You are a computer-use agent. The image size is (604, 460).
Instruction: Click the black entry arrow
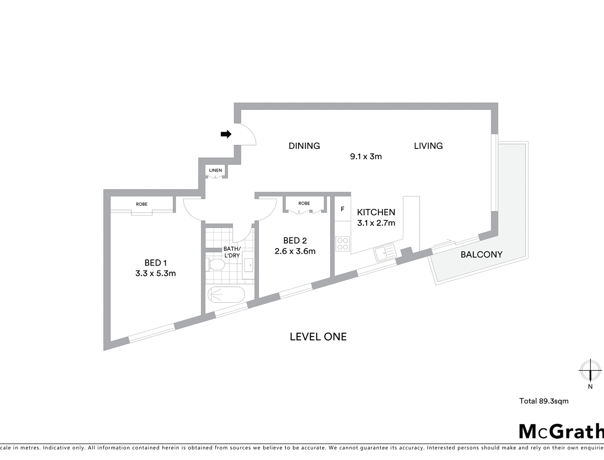[226, 134]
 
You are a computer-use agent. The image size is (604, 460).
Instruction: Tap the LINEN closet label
[215, 170]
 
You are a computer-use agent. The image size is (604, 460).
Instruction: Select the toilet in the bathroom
[215, 265]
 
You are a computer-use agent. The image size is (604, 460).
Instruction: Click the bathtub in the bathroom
[226, 294]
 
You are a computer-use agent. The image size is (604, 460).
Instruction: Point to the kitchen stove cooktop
[343, 244]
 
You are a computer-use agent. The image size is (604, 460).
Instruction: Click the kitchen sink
[384, 253]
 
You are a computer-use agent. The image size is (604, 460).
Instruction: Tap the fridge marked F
[343, 209]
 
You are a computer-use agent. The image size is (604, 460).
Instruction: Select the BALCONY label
[481, 255]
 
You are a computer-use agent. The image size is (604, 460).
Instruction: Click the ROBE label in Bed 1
[142, 204]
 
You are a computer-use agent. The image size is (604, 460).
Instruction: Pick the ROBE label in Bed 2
[304, 203]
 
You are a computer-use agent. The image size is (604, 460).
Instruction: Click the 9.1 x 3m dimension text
[366, 157]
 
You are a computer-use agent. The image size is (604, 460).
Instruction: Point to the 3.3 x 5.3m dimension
[156, 273]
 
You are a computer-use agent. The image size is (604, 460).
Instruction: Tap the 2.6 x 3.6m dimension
[295, 251]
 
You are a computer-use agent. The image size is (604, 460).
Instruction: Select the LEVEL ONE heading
[318, 337]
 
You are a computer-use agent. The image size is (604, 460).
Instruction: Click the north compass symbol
[590, 370]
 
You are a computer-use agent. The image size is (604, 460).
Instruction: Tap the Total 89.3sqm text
[544, 401]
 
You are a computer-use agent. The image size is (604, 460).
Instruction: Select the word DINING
[304, 146]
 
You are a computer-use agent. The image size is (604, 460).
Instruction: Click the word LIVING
[428, 146]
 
